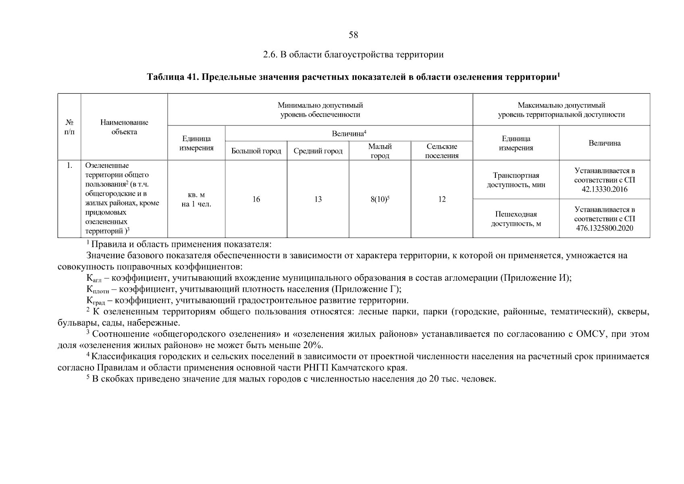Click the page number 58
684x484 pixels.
coord(353,35)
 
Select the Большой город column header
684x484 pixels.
coord(256,151)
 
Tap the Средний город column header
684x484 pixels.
coord(318,151)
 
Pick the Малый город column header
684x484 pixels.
coord(380,151)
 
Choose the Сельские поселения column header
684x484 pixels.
coord(442,151)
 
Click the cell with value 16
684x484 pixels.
coord(256,199)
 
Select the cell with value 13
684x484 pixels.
coord(318,199)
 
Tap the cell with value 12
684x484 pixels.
coord(442,199)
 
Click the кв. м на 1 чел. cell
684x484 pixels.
coord(196,200)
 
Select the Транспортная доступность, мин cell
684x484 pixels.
coord(516,180)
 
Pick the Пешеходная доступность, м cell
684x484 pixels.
coord(516,219)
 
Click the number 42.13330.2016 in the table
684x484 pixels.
coord(604,189)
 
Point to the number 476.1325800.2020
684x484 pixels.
coord(604,228)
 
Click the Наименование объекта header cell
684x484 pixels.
coord(124,127)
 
